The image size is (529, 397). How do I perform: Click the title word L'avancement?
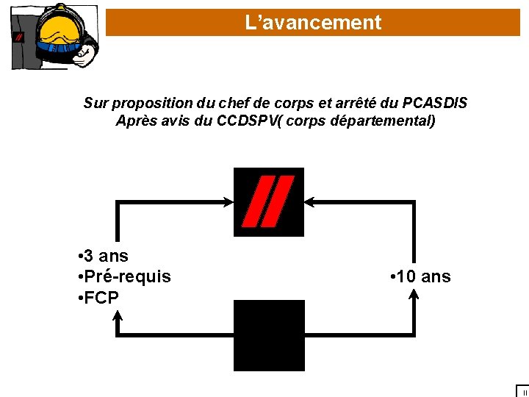pyautogui.click(x=314, y=23)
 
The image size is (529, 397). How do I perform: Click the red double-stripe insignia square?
pyautogui.click(x=268, y=201)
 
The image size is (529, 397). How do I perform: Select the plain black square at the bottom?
pyautogui.click(x=268, y=335)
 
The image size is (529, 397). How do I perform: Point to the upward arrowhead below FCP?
pyautogui.click(x=118, y=315)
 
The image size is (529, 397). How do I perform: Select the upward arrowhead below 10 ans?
pyautogui.click(x=414, y=295)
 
